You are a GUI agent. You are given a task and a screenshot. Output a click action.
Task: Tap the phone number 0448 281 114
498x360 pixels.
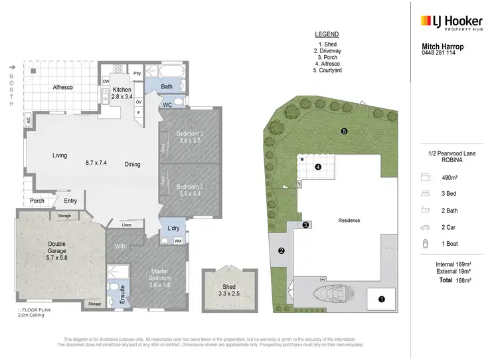coord(443,53)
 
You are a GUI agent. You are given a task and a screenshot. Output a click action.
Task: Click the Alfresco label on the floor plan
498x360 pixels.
coord(63,87)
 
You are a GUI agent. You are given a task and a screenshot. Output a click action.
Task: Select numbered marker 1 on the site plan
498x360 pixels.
coord(382,299)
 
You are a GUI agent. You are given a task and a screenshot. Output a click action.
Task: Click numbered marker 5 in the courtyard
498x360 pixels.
coord(344,132)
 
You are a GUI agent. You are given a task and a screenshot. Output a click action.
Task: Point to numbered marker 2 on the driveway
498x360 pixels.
coord(282,251)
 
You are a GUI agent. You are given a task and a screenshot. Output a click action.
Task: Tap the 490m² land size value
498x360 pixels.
coord(451,177)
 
